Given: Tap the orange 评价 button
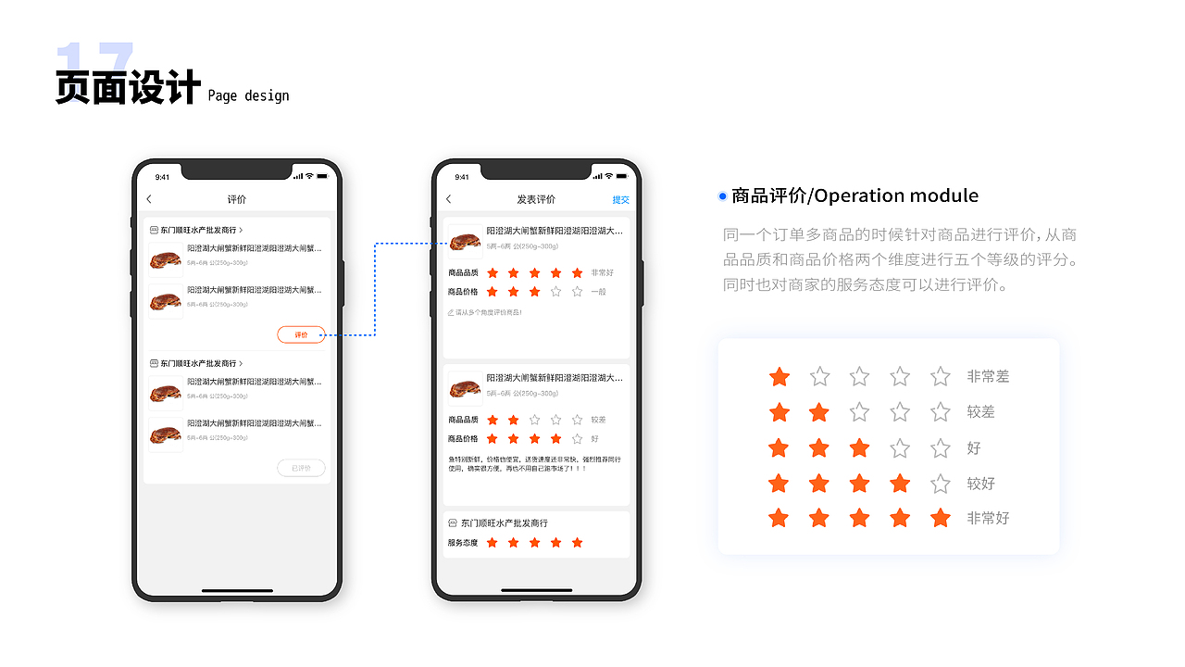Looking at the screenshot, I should pyautogui.click(x=301, y=334).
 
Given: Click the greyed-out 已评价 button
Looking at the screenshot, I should pyautogui.click(x=301, y=468).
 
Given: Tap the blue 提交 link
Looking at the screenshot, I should pyautogui.click(x=620, y=200).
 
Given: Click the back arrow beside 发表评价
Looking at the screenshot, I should pyautogui.click(x=449, y=199).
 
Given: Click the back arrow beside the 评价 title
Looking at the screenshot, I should pyautogui.click(x=149, y=199).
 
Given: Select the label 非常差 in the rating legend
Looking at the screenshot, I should pyautogui.click(x=988, y=377).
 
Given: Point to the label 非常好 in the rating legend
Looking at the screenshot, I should pyautogui.click(x=988, y=519).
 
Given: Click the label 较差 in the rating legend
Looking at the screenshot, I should pyautogui.click(x=980, y=412).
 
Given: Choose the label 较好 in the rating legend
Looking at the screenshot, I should pyautogui.click(x=980, y=484).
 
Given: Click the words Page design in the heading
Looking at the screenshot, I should pyautogui.click(x=248, y=95).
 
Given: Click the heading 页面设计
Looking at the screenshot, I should pyautogui.click(x=128, y=88).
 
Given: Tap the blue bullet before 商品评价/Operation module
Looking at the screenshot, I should pyautogui.click(x=722, y=196).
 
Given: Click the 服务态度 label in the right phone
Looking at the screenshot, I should pyautogui.click(x=463, y=543).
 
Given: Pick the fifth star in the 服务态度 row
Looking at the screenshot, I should pyautogui.click(x=578, y=543).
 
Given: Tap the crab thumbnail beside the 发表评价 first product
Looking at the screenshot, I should pyautogui.click(x=465, y=240).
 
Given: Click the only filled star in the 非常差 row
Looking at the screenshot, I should pyautogui.click(x=780, y=377).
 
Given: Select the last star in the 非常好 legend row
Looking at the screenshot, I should pyautogui.click(x=941, y=519).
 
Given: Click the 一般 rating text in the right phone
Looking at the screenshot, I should pyautogui.click(x=599, y=292).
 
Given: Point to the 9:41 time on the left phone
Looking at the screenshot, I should pyautogui.click(x=162, y=177).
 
